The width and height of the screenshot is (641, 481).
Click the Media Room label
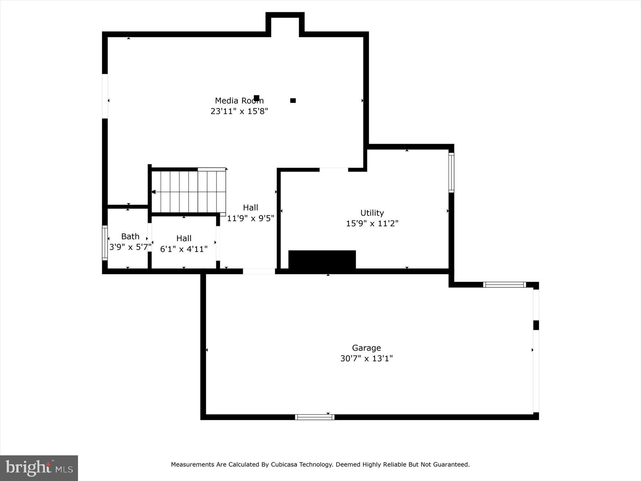239,101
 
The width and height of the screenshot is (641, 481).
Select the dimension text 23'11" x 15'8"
239,111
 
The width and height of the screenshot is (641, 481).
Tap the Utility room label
372,213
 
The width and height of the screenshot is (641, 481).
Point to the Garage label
366,348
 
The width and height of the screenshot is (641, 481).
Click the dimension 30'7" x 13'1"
366,358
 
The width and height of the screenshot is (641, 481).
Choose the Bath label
130,236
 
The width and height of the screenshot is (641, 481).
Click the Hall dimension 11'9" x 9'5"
250,218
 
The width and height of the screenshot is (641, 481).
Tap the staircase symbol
189,192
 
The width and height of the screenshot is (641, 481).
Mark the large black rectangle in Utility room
322,260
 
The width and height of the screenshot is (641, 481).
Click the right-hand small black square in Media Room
293,100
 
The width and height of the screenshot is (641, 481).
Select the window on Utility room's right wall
451,172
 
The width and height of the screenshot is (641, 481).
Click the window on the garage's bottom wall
314,417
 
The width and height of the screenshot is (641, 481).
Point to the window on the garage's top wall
504,285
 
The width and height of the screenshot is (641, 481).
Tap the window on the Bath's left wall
105,243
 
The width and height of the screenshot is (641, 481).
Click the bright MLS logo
39,468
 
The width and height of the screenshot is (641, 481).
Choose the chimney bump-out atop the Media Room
285,24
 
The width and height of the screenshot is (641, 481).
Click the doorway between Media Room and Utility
334,170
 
